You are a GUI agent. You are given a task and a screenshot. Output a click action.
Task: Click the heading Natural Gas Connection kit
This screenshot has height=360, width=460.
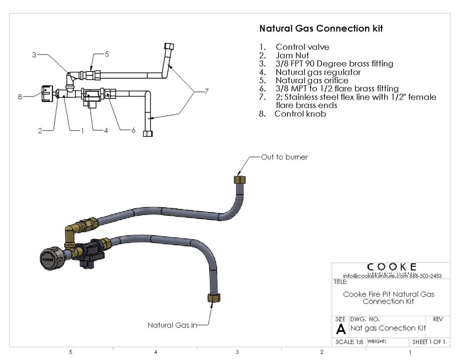tap(321, 29)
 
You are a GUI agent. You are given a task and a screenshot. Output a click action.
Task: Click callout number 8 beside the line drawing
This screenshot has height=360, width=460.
tap(20, 97)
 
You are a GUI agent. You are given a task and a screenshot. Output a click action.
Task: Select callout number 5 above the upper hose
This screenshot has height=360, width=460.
tap(107, 54)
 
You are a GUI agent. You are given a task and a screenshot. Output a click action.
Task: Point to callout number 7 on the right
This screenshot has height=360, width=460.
tap(206, 91)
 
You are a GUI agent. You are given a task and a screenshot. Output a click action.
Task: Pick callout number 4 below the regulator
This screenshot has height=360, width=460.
tap(106, 131)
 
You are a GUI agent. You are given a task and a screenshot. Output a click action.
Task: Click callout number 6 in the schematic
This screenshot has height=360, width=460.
tap(133, 130)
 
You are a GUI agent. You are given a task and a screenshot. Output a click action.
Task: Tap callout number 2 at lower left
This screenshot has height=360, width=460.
tap(40, 131)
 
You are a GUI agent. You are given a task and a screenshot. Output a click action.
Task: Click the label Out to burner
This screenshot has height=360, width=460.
tap(285, 157)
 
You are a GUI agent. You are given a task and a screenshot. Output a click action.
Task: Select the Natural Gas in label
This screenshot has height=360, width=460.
tap(172, 325)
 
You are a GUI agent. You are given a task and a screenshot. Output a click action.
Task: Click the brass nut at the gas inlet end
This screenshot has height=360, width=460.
tap(213, 297)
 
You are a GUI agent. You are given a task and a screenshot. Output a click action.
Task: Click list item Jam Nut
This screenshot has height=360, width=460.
tap(292, 55)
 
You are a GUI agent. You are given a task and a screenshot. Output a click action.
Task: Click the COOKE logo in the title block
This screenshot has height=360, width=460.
tap(391, 267)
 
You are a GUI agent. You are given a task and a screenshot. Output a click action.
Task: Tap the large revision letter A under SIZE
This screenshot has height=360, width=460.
tap(341, 329)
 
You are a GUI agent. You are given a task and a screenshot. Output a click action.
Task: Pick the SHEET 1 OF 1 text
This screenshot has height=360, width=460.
tap(428, 342)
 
